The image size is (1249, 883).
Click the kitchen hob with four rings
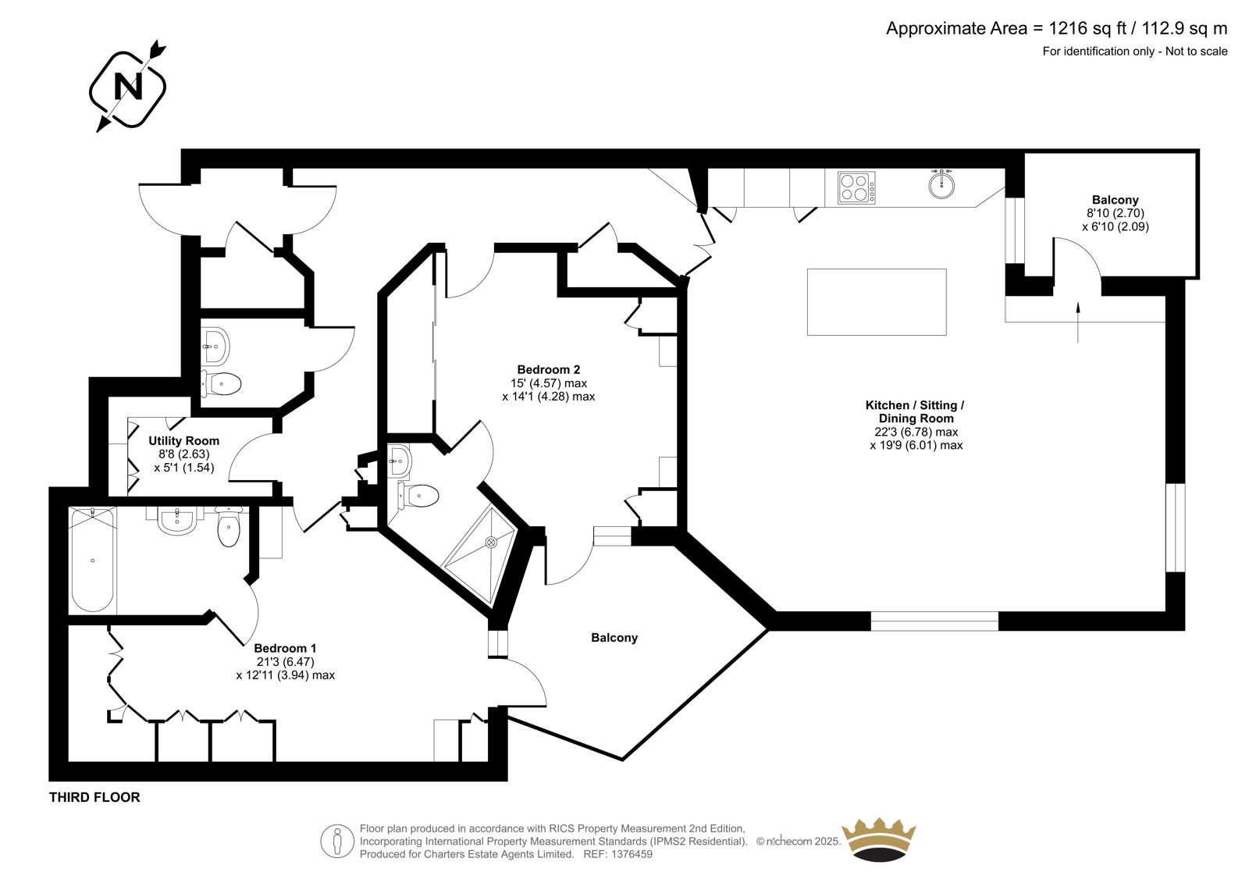[856, 187]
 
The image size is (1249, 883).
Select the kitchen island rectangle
[877, 302]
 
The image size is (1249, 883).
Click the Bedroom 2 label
[548, 369]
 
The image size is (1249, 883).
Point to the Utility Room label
[183, 440]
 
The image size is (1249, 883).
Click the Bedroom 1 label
[285, 648]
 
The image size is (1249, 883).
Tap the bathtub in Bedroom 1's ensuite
[93, 560]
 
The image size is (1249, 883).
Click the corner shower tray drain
[491, 542]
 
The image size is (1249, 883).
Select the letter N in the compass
[128, 87]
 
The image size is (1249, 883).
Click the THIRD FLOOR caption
[94, 797]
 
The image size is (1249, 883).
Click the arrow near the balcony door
[1078, 322]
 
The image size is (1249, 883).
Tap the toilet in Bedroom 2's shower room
[418, 495]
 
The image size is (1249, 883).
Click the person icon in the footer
[336, 841]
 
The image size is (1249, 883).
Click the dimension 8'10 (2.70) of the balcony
[1116, 213]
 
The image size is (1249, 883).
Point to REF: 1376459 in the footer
[617, 854]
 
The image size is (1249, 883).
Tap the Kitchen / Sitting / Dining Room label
[916, 411]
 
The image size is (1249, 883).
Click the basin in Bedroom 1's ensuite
[177, 520]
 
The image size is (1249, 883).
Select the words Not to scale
[1197, 52]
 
